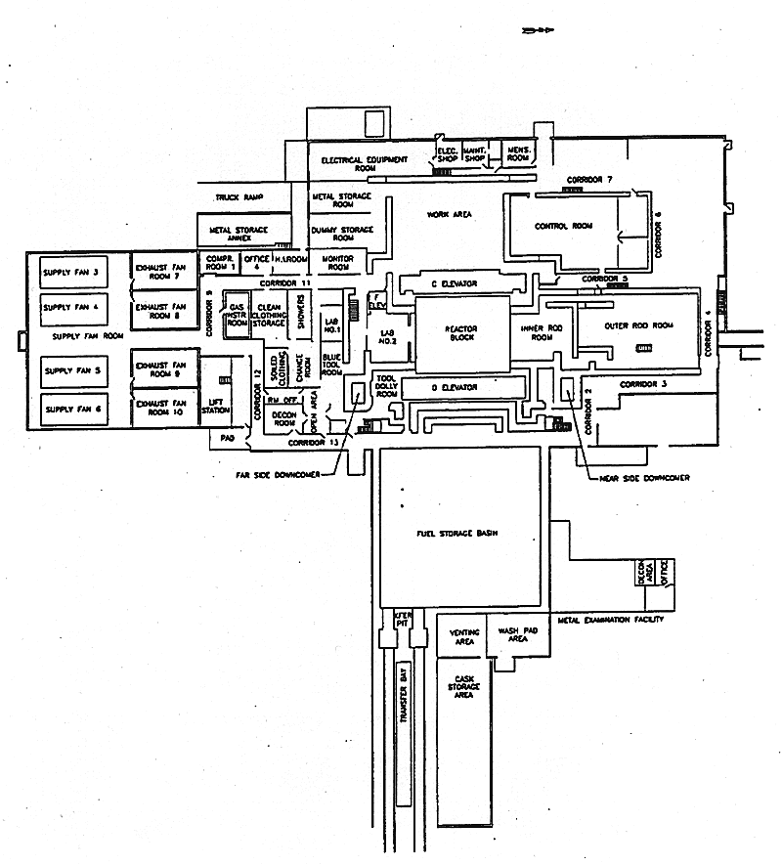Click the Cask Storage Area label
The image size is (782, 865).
click(x=464, y=686)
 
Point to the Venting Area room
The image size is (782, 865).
click(x=462, y=637)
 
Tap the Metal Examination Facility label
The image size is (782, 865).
click(x=611, y=620)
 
